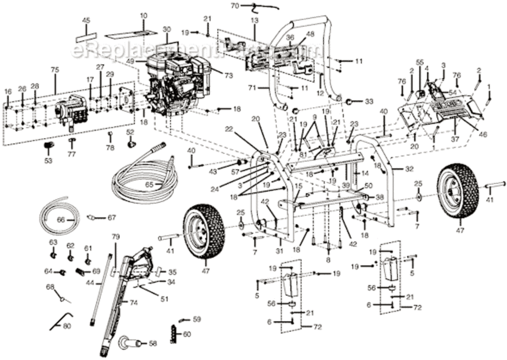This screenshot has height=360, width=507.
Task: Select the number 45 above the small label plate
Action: coord(86,20)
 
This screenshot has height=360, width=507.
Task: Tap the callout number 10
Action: coord(144,16)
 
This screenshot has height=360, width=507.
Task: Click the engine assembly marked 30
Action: coord(178,86)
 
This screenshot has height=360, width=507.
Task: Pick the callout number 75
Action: coord(55,70)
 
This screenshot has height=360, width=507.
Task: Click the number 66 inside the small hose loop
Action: coord(60,220)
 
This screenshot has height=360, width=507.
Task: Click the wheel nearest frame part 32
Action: coord(459,191)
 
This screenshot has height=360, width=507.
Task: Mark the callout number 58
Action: coord(153,343)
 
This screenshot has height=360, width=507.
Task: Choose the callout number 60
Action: coord(187,334)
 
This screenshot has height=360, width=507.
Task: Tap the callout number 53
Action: coord(48,161)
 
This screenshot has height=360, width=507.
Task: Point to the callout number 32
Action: coord(409,168)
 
